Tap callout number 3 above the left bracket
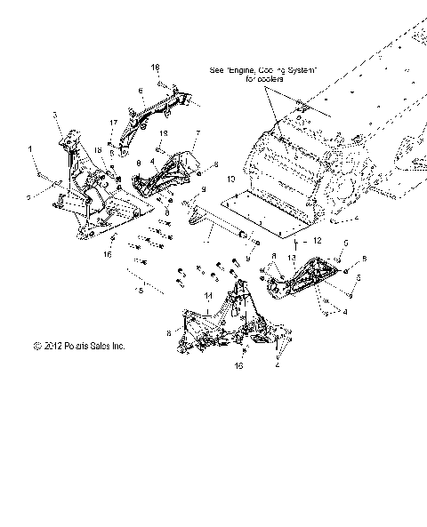55,115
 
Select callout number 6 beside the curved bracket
141,91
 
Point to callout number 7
197,133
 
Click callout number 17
113,122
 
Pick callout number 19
163,132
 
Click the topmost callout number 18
155,68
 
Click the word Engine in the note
246,68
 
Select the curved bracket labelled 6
165,111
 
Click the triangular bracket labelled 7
173,169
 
